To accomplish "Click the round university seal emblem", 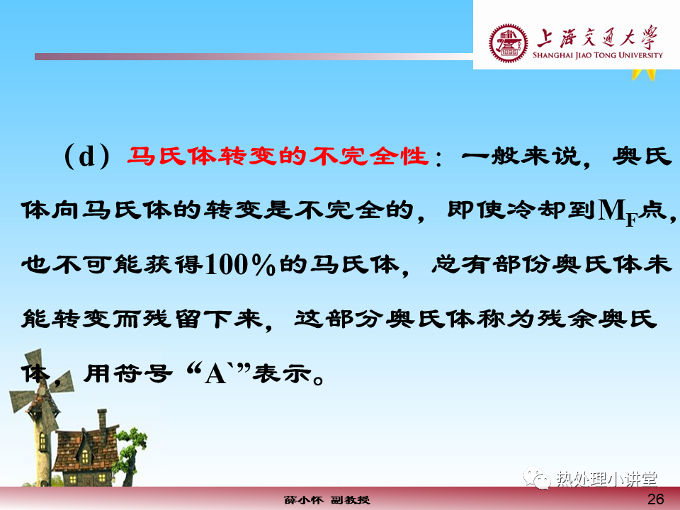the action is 509,43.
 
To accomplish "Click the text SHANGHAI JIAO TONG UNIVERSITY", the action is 598,55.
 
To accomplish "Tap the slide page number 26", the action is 655,499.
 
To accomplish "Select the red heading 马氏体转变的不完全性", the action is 278,156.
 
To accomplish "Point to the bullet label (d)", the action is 86,156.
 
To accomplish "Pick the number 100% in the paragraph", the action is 240,264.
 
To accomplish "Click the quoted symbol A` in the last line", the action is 216,373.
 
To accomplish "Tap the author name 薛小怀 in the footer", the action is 304,500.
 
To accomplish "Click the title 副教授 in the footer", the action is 351,500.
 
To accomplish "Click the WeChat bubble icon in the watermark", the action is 538,478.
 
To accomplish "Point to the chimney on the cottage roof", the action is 102,420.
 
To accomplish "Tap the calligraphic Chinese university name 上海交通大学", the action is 597,38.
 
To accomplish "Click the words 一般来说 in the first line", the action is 521,156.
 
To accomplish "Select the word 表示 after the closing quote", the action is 283,373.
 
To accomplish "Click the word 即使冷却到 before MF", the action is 521,210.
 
